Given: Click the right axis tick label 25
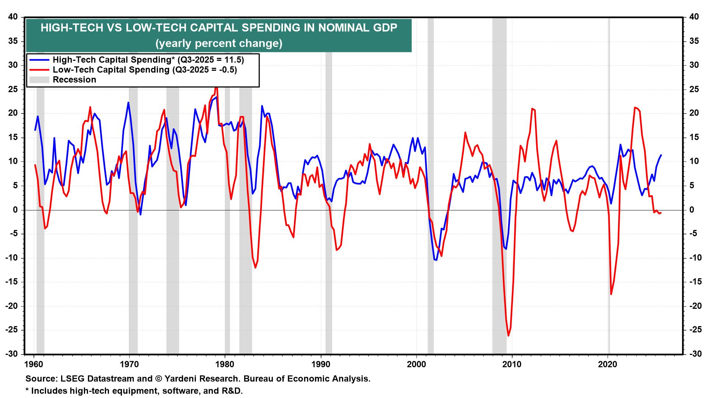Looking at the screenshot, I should pos(694,89).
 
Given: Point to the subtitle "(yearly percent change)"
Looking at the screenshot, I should pos(219,43).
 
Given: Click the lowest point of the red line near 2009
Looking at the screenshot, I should pos(509,336).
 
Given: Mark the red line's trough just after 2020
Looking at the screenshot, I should pos(611,294).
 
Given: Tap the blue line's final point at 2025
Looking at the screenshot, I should pos(662,155).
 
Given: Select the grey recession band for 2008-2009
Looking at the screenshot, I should pos(499,184).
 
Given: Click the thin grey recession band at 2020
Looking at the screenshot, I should pos(609,184).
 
